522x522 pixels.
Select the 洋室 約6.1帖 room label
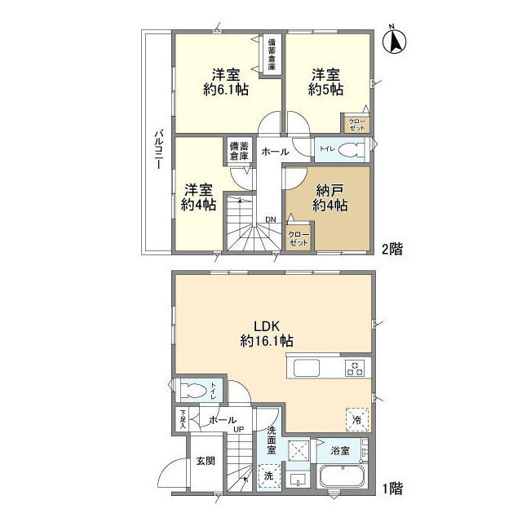point(225,82)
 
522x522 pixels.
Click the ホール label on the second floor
point(274,152)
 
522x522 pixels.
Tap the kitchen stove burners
point(356,368)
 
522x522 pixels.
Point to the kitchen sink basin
point(307,368)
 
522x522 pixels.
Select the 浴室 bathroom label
point(338,449)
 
